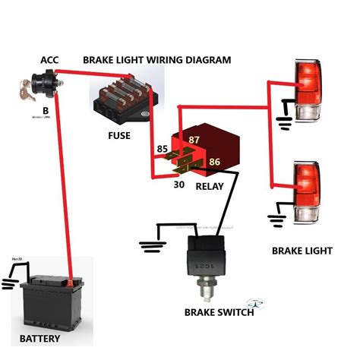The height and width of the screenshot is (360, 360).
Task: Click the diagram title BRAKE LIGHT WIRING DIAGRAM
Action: (x=156, y=60)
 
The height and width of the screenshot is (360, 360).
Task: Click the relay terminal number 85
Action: (x=162, y=149)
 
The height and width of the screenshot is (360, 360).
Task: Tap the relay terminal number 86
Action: (x=215, y=162)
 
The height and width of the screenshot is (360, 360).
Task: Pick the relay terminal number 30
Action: (x=179, y=183)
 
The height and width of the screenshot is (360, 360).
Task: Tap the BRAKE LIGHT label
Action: (x=302, y=250)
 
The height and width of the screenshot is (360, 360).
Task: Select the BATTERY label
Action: (x=39, y=339)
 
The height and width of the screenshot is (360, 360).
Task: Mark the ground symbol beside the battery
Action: (x=10, y=283)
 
